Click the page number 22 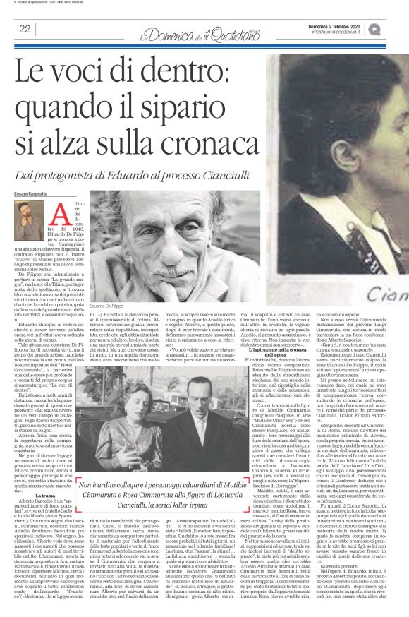tap(23, 29)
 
